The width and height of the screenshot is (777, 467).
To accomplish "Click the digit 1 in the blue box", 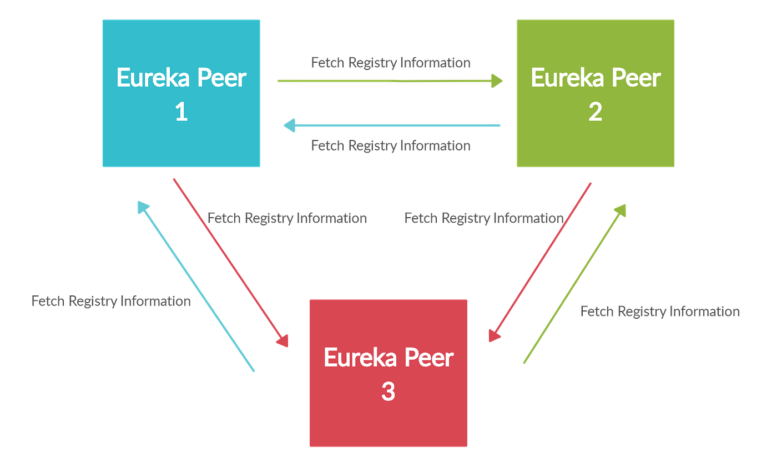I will (x=181, y=113).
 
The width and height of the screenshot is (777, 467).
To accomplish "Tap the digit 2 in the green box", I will (x=595, y=113).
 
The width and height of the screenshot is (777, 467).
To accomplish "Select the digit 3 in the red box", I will (x=388, y=393).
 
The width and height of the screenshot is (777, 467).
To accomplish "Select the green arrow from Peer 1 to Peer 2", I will (x=389, y=82).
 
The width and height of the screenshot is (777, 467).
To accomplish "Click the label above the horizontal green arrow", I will (x=393, y=62).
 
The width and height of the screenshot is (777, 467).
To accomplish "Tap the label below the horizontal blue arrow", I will (x=393, y=146).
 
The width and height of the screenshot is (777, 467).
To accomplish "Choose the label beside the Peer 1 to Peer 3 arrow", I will (x=289, y=218).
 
